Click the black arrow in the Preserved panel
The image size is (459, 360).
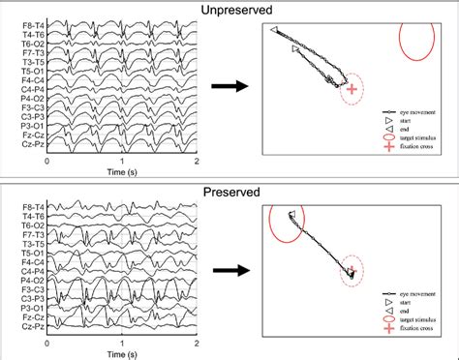point(229,270)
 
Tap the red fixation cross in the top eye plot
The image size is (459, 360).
point(352,90)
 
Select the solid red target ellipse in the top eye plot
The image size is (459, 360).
point(416,43)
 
